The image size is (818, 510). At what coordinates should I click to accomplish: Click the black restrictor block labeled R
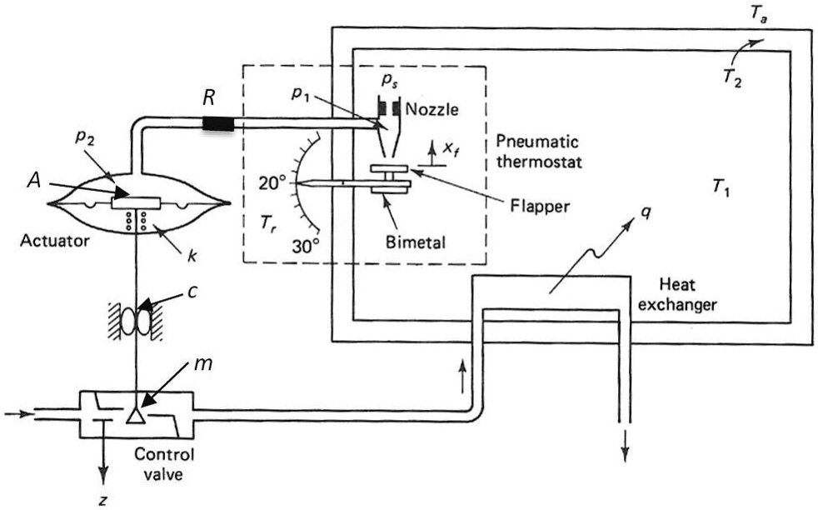[x=217, y=124]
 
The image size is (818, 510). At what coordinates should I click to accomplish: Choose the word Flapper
[x=541, y=207]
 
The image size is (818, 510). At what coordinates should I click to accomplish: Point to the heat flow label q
[x=646, y=215]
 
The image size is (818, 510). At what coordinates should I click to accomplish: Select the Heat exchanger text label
[x=686, y=294]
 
